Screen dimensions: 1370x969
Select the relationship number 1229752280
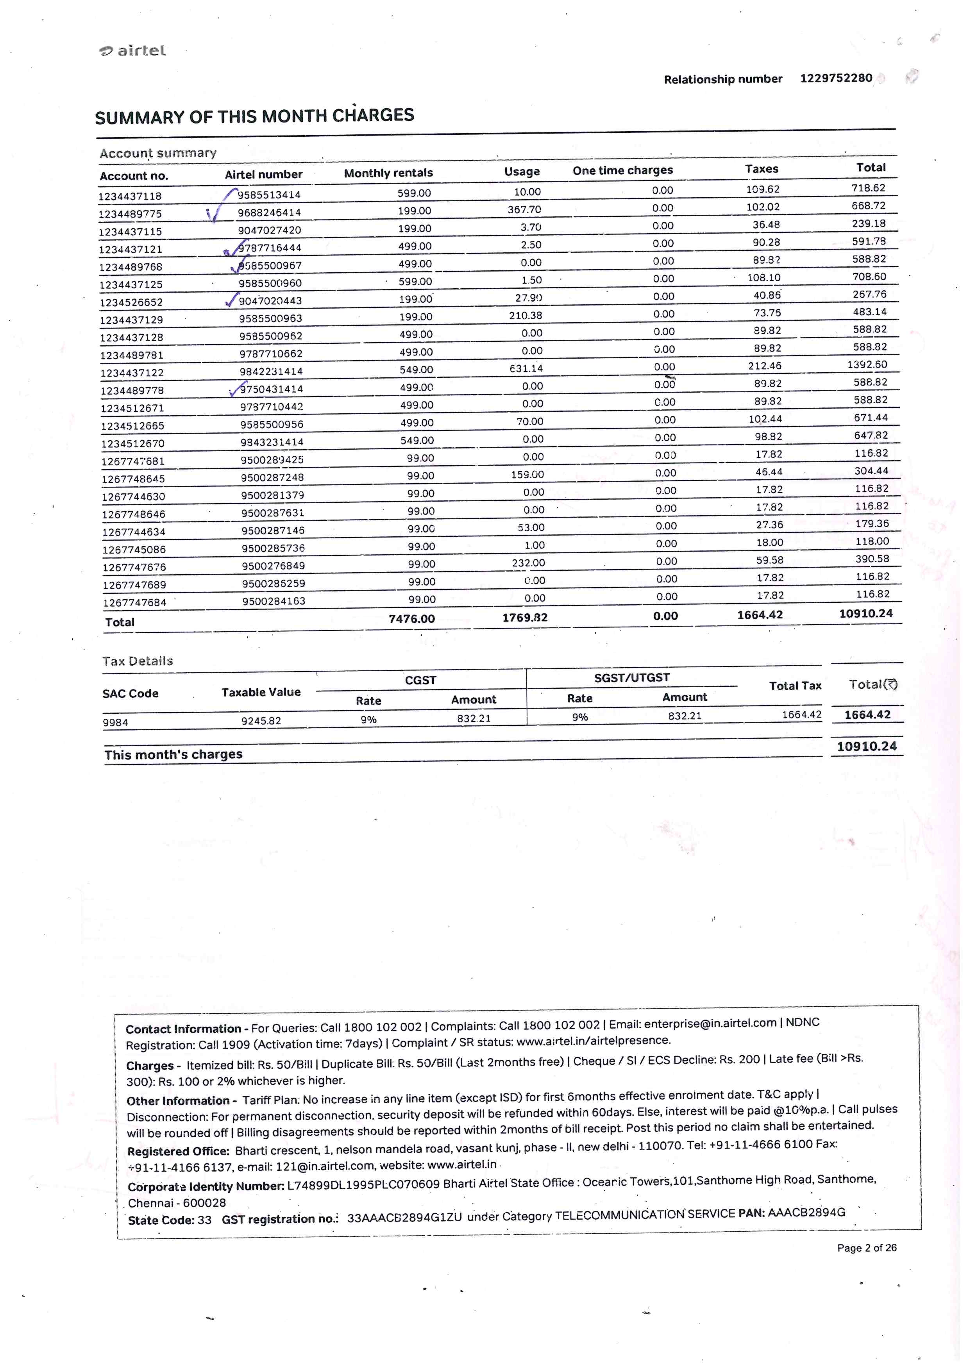(x=836, y=78)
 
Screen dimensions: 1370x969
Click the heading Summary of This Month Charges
(x=254, y=116)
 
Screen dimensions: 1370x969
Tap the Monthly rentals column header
(x=388, y=173)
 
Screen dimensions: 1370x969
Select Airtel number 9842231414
(x=271, y=371)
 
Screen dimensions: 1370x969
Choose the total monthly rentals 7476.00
(x=412, y=619)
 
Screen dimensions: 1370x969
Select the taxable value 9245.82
(x=261, y=721)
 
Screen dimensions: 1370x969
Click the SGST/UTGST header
(x=632, y=678)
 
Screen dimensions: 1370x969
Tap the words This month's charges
(x=173, y=754)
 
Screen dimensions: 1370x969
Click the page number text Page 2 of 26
(x=866, y=1248)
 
